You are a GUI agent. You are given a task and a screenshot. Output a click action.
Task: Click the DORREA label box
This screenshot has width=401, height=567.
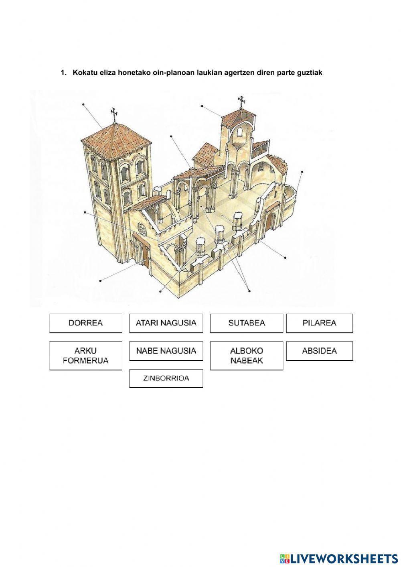click(85, 323)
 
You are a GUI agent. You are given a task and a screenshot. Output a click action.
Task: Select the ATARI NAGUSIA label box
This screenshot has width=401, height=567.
click(166, 323)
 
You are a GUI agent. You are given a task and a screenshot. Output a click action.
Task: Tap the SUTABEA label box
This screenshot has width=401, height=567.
click(247, 323)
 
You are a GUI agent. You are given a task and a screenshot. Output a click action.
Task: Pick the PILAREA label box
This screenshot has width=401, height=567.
click(319, 323)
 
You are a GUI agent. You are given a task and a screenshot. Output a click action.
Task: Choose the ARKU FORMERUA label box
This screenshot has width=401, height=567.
click(85, 356)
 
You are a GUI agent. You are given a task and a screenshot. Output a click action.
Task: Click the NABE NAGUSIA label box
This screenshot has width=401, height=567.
click(166, 351)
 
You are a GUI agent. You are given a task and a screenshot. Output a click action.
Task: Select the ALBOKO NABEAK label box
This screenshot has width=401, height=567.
click(247, 356)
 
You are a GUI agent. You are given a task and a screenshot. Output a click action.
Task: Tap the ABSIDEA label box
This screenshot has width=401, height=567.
click(319, 351)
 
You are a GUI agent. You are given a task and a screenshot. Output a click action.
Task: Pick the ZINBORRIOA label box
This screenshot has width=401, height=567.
click(166, 378)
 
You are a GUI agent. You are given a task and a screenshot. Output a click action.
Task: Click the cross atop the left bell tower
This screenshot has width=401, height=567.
click(114, 114)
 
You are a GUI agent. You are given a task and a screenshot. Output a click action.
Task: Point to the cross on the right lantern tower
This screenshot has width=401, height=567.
click(241, 102)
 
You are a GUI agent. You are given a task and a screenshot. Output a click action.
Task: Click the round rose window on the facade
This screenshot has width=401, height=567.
click(142, 228)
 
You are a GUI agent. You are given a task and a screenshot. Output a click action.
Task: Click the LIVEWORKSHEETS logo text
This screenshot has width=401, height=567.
click(343, 558)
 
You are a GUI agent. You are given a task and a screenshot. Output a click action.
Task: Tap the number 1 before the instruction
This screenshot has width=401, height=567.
click(63, 73)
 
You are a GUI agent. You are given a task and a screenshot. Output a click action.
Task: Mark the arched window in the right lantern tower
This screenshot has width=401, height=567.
click(240, 132)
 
